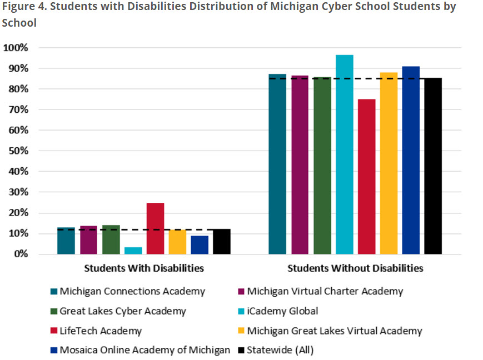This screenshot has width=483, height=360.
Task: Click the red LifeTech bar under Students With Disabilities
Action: (155, 228)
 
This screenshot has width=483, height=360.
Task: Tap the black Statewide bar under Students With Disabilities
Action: (222, 242)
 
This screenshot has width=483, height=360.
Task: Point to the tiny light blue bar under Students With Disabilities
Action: (133, 251)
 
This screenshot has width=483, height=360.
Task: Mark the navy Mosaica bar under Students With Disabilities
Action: (200, 245)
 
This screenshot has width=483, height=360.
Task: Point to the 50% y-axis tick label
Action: (17, 151)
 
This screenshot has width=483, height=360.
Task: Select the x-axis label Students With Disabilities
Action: (144, 268)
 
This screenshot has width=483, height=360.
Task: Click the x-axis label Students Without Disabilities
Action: (355, 268)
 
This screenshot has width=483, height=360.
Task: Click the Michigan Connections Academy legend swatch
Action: (53, 292)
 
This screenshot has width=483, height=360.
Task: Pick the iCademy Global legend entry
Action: (282, 311)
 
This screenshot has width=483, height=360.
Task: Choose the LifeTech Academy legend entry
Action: (101, 331)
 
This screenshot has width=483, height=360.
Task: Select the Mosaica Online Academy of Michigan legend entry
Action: (145, 351)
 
